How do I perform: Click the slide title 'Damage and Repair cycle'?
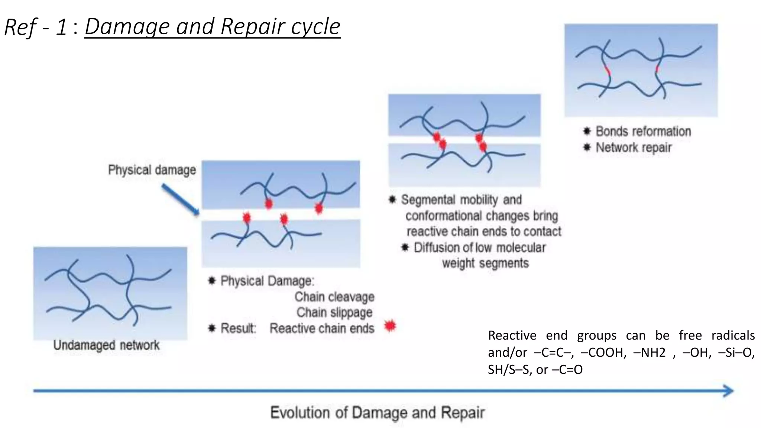[x=212, y=27]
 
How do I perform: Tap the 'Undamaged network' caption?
[x=106, y=345]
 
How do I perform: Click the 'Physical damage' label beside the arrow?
[x=152, y=170]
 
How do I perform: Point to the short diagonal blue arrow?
[x=181, y=200]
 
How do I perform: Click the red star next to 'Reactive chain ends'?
[x=390, y=326]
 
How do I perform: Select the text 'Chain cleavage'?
[x=334, y=297]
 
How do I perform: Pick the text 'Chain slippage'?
[x=334, y=312]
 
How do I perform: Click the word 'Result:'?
[x=238, y=328]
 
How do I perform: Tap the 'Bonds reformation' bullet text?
[x=643, y=132]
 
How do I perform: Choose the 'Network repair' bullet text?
[x=634, y=147]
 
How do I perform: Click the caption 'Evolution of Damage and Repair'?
[x=377, y=413]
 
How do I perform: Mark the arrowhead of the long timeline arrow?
[x=728, y=391]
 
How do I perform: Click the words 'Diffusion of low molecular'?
[x=479, y=247]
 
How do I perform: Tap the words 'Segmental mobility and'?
[x=461, y=200]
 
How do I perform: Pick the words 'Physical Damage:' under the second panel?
[x=267, y=281]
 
